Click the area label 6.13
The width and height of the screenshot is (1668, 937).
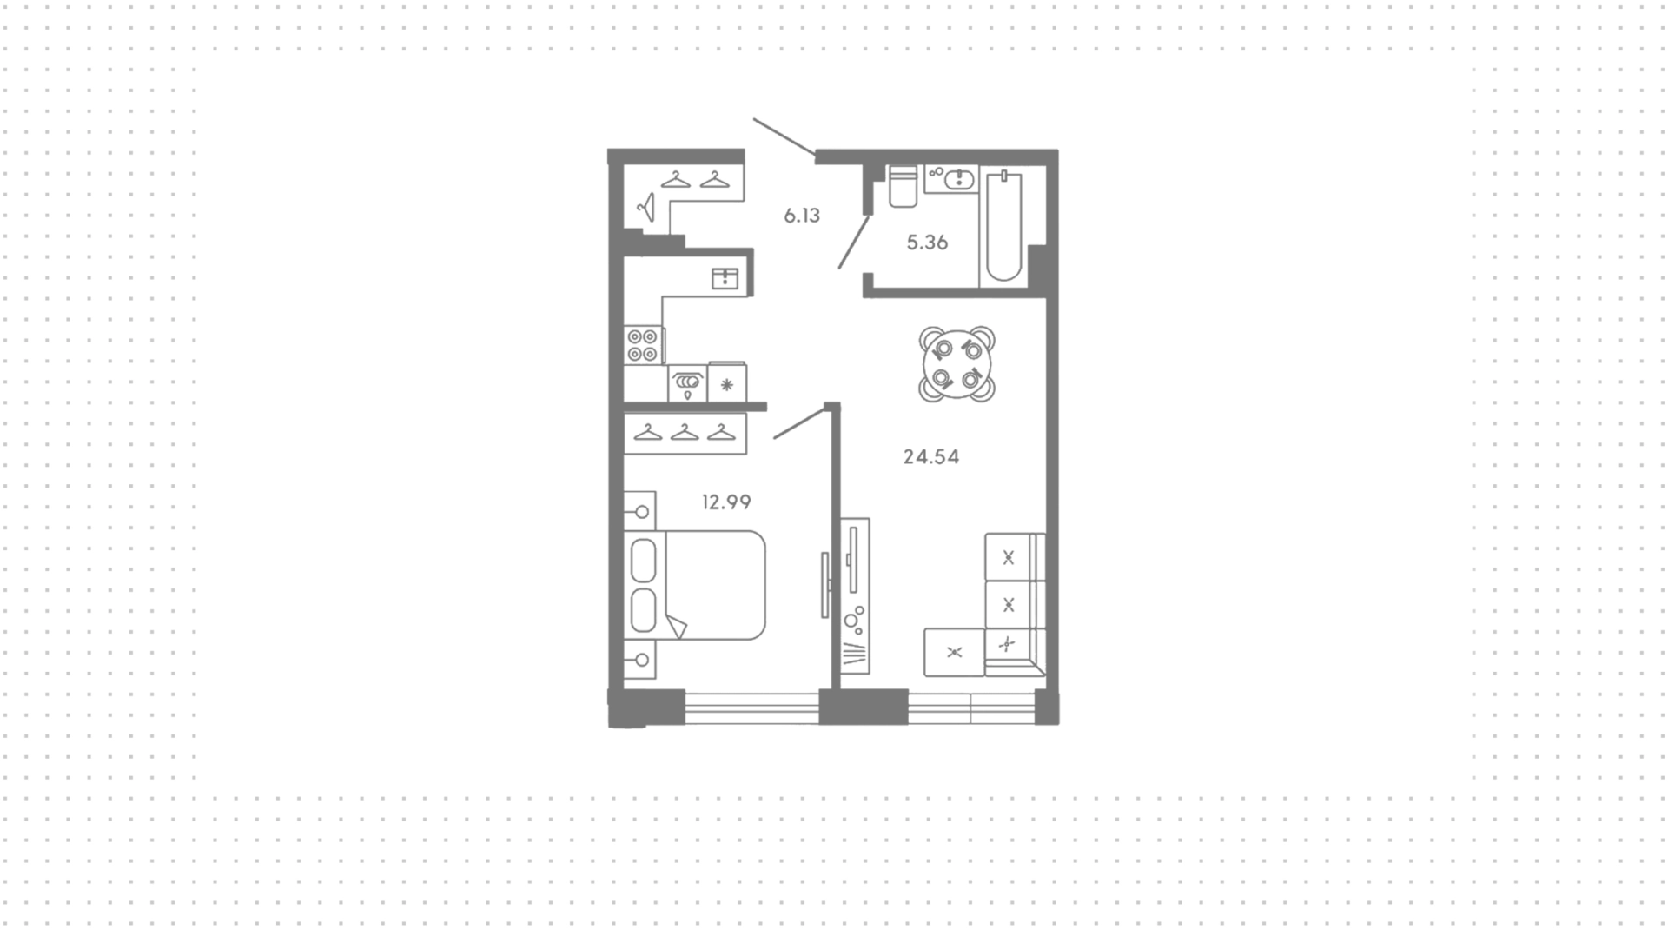(x=802, y=216)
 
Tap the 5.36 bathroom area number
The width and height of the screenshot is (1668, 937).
(x=927, y=243)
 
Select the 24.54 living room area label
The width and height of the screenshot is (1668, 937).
(x=931, y=456)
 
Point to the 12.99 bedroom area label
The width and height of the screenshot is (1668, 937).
(x=726, y=502)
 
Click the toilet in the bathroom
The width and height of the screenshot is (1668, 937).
(x=903, y=187)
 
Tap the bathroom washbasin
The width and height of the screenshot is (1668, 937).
(x=952, y=179)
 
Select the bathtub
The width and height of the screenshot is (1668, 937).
(x=1004, y=226)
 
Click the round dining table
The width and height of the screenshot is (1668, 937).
(x=957, y=363)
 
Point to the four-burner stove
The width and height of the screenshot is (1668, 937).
(x=644, y=345)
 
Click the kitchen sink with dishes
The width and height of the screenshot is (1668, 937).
(x=687, y=383)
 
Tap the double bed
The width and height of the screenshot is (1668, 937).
(x=695, y=586)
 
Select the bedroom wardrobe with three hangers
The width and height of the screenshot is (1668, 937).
(x=685, y=433)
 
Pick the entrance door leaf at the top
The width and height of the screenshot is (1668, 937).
(x=784, y=136)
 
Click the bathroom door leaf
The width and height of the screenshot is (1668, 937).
(x=854, y=242)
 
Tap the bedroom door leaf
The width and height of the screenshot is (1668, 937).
(x=799, y=422)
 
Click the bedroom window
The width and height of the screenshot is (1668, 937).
(x=752, y=707)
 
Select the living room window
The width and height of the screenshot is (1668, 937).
(x=971, y=707)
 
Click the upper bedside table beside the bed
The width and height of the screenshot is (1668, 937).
(x=640, y=511)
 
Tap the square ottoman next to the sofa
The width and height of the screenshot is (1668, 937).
(x=954, y=653)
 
